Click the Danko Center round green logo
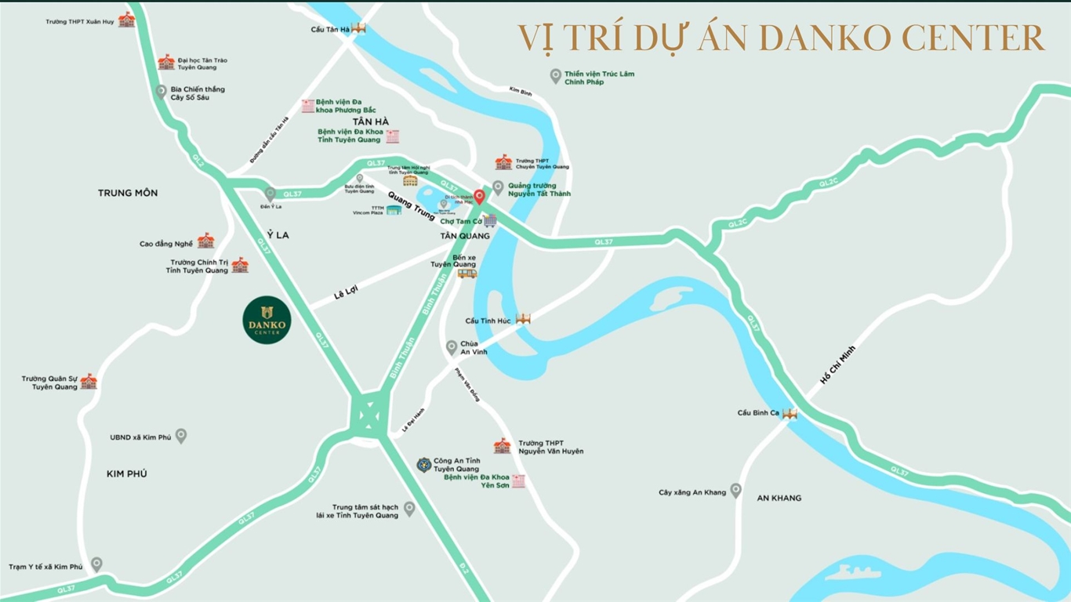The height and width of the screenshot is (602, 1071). (x=267, y=320)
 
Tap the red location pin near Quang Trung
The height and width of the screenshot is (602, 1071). (x=479, y=196)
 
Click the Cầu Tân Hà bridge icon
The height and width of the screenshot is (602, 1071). (x=359, y=28)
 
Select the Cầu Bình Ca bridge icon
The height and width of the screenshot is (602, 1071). (x=790, y=413)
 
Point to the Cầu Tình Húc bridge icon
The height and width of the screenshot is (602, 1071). (x=523, y=319)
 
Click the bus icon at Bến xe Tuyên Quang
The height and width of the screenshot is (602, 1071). (x=467, y=274)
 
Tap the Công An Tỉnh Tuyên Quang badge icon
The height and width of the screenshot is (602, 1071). (x=423, y=465)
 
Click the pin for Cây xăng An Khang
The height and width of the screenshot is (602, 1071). (x=735, y=491)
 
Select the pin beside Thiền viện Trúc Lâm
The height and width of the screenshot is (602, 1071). (x=555, y=76)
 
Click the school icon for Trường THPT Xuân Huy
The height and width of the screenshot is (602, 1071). (x=126, y=20)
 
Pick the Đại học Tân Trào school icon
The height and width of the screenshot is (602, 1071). (x=166, y=63)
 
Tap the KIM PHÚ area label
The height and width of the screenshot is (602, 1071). (x=127, y=473)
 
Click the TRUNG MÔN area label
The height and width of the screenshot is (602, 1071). (x=128, y=193)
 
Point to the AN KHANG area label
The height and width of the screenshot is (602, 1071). (x=779, y=498)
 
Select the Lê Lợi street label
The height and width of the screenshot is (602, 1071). (x=345, y=293)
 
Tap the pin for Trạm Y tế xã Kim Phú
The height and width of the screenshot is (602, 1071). (x=96, y=564)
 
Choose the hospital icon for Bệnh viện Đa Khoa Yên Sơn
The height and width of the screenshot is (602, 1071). (x=518, y=481)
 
